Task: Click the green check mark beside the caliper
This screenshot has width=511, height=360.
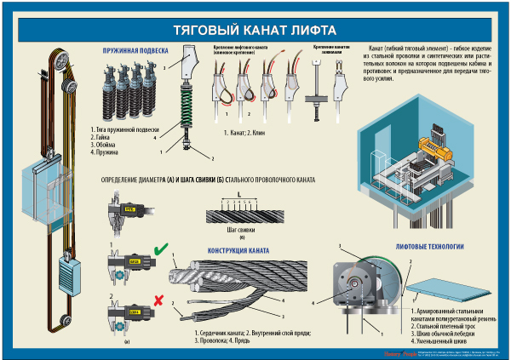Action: pos(161,250)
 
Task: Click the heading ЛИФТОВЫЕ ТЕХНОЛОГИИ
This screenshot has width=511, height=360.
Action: pos(429,247)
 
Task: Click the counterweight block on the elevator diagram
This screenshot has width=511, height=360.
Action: pos(67,274)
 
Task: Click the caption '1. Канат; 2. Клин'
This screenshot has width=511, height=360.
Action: pos(247,134)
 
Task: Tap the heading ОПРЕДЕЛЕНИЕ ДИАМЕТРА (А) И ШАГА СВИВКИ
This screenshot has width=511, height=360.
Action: pos(209,180)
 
